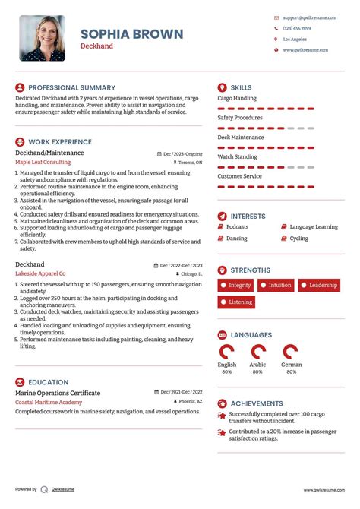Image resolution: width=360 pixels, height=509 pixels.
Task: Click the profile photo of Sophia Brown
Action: (x=42, y=38)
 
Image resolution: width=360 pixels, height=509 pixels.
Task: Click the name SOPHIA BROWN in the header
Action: (x=131, y=33)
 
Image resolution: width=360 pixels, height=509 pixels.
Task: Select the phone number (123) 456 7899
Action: (x=296, y=28)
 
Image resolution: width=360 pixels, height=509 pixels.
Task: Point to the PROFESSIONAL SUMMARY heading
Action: (x=71, y=87)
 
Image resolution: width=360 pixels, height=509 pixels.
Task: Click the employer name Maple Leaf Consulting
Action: (x=43, y=163)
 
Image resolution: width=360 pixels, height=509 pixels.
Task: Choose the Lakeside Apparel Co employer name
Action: (x=40, y=273)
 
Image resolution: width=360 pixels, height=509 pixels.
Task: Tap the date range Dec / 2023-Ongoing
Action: (x=182, y=153)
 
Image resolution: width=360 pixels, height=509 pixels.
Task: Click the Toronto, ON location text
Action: (x=190, y=163)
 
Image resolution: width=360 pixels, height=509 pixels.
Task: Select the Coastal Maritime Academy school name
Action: (x=49, y=401)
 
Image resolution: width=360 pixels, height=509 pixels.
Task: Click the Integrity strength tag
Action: (x=235, y=286)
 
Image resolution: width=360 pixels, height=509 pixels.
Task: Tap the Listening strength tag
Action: (x=236, y=302)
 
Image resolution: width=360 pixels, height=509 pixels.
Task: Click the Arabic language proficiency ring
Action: (x=258, y=352)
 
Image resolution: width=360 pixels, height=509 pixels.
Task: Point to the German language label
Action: (x=291, y=365)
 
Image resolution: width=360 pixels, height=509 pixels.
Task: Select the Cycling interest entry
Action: (x=298, y=239)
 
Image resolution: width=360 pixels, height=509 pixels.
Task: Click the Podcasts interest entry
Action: (x=237, y=227)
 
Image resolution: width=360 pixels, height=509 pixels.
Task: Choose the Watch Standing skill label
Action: (x=236, y=156)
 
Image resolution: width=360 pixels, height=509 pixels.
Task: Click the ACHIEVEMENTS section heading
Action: (x=256, y=403)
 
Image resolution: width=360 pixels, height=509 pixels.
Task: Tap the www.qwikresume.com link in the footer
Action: (x=326, y=490)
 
